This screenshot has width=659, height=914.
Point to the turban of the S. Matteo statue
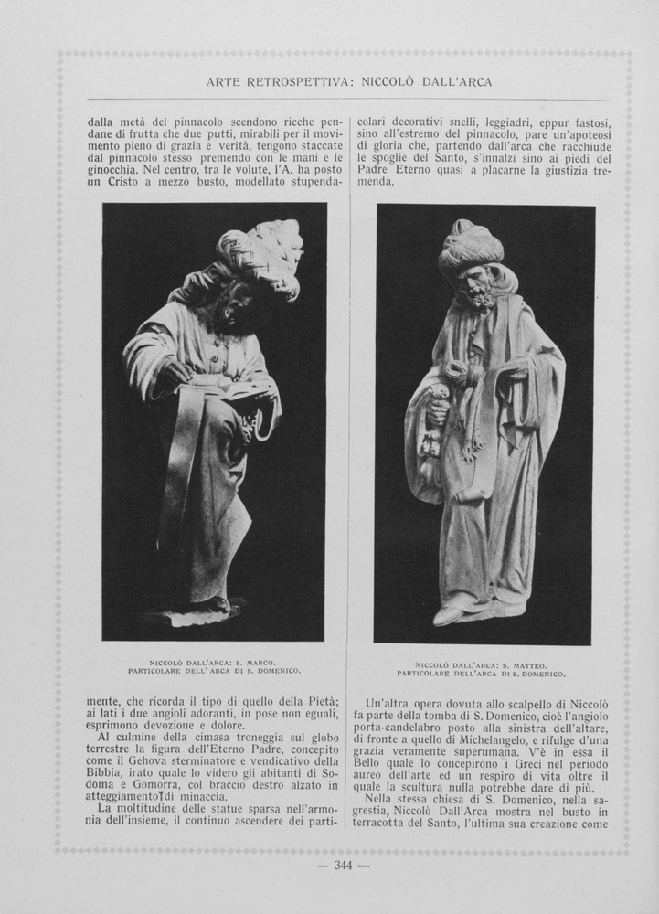pos(470,245)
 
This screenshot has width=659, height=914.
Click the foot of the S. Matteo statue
pos(450,614)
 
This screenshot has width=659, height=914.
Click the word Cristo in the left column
pos(121,182)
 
